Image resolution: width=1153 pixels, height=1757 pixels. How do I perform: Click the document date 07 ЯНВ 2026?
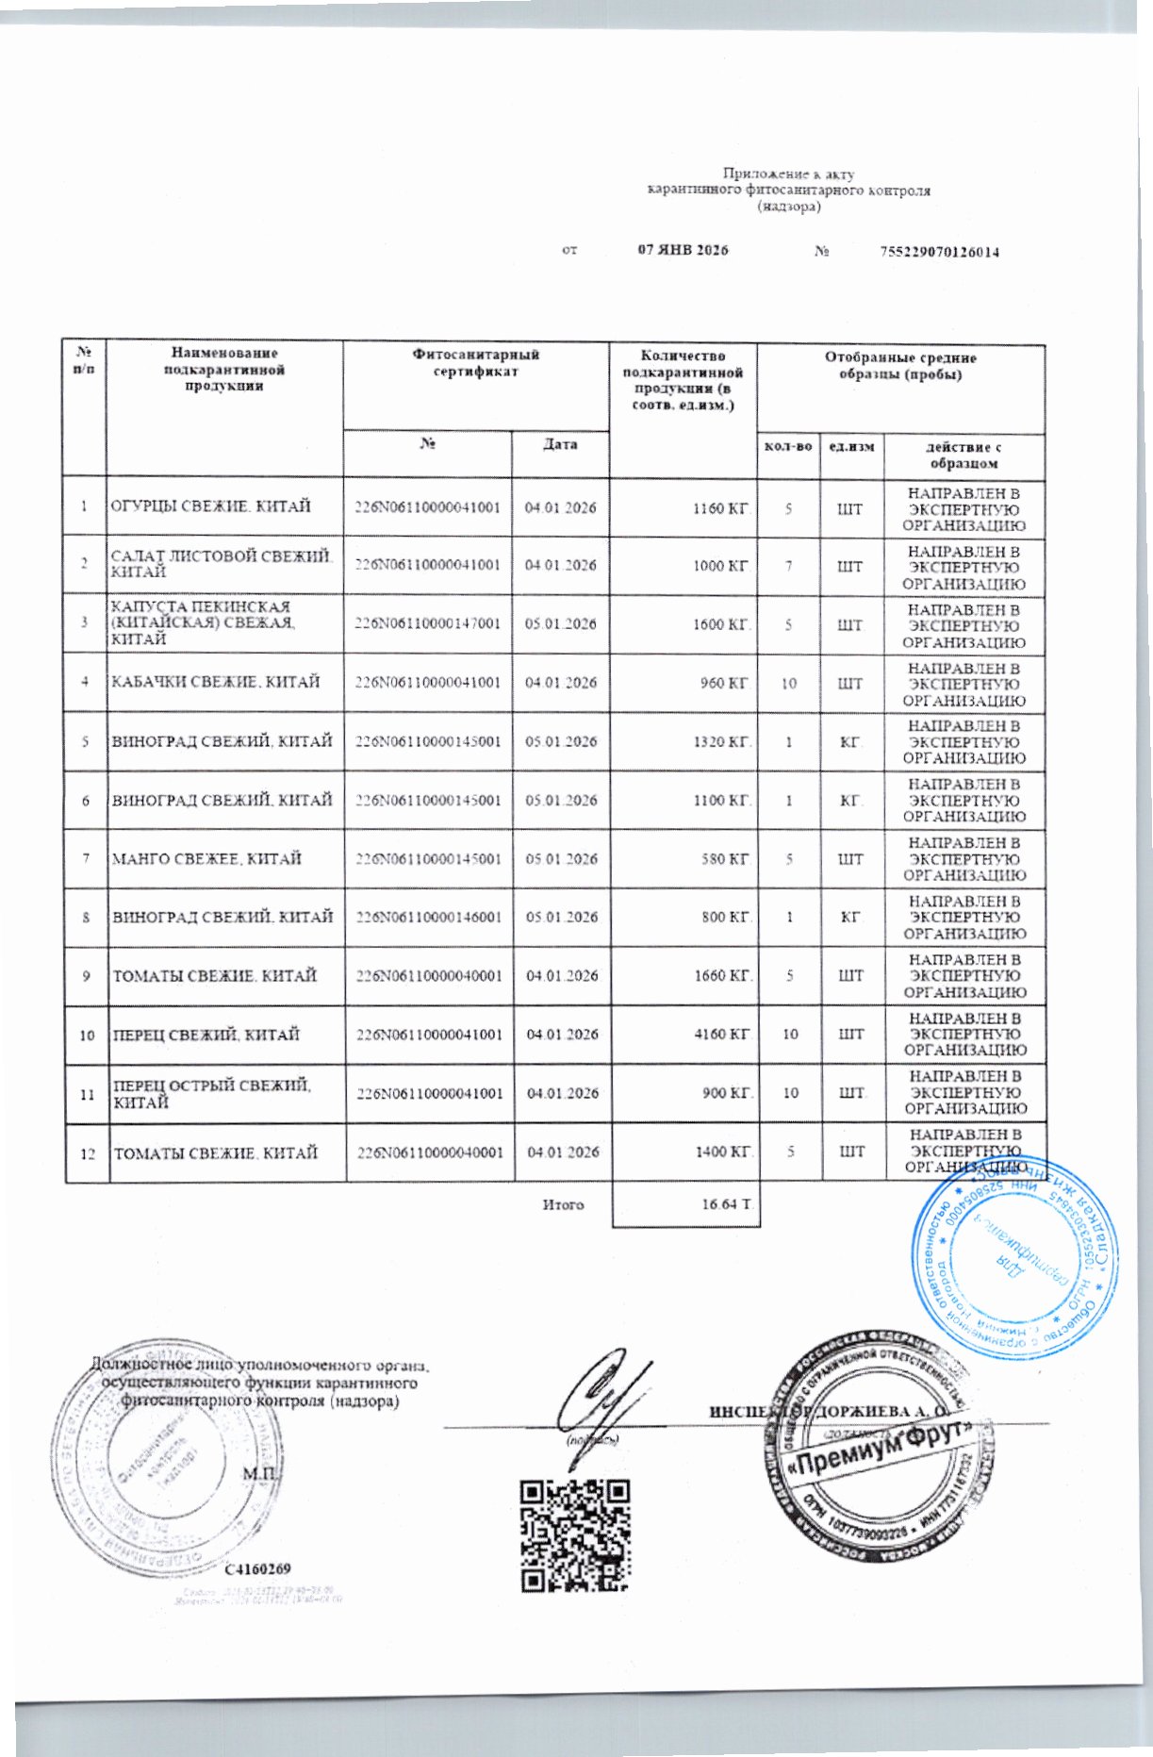coord(683,251)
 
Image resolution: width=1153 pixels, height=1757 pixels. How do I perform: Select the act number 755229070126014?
coord(939,252)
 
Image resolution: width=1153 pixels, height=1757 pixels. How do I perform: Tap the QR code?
coord(574,1535)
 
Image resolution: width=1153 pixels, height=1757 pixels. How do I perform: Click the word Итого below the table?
coord(563,1204)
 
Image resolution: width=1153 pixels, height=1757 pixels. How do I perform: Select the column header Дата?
coord(560,444)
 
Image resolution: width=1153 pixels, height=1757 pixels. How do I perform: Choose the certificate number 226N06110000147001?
coord(427,623)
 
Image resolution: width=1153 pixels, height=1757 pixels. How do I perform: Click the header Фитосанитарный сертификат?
coord(476,363)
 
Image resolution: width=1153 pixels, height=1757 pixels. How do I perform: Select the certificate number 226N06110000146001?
coord(428,917)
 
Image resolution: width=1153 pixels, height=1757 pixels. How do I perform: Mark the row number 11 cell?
coord(87,1094)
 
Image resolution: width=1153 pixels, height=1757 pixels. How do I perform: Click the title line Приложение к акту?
coord(788,174)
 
